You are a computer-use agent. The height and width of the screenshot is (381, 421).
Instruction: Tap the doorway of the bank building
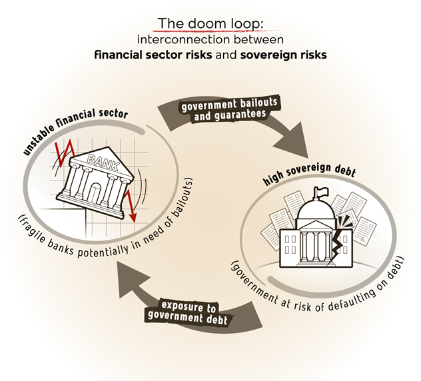[x=97, y=193]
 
